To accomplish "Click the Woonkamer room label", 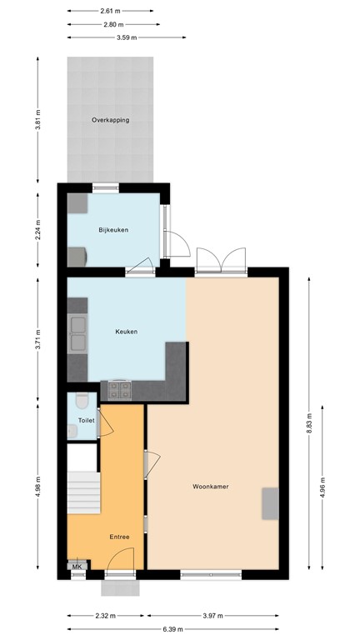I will point(210,486).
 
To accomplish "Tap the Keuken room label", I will point(127,332).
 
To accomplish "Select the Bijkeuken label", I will point(112,230).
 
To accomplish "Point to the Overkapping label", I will point(110,121).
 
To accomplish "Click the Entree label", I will point(119,537).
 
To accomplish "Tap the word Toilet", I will point(85,422).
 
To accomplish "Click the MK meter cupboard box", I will point(77,567).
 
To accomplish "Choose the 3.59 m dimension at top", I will point(127,37).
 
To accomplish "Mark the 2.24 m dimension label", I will point(38,229).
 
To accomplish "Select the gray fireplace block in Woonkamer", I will point(269,503).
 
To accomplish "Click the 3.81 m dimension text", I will point(38,121).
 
